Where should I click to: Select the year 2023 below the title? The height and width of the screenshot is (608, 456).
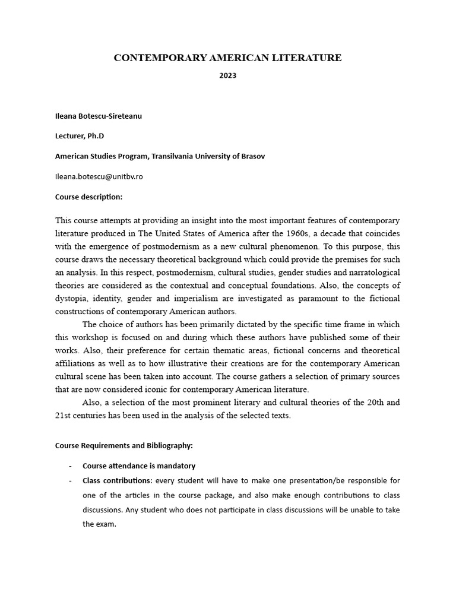[x=228, y=76]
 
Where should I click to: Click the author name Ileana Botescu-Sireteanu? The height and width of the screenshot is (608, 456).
[x=99, y=116]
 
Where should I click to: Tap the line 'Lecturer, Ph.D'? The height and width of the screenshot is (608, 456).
[x=80, y=136]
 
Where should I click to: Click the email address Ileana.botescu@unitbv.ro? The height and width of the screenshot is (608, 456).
[x=99, y=176]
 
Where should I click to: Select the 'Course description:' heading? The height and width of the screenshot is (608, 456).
[x=88, y=197]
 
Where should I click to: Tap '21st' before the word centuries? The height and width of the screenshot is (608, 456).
[x=64, y=416]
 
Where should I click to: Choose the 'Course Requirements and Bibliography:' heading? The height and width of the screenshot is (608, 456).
[x=123, y=445]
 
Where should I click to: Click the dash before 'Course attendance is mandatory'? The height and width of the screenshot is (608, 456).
[x=71, y=465]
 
